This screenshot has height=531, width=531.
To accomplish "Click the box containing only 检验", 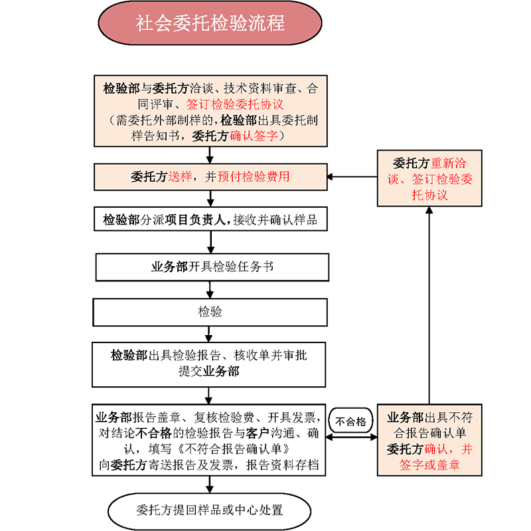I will point(210,311).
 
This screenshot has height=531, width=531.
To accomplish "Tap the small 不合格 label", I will point(350,420).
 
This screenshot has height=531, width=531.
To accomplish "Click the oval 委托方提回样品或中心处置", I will point(210,510).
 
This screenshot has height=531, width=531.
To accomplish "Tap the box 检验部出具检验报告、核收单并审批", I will point(210,364).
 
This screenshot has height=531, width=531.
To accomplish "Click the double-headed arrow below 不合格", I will point(352,435).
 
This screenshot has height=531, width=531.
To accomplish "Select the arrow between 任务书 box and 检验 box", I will point(210,289).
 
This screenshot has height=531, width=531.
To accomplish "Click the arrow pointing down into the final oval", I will point(210,485).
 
